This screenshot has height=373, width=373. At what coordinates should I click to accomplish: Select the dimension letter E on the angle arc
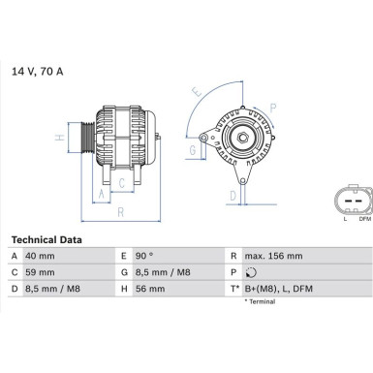[x=198, y=94]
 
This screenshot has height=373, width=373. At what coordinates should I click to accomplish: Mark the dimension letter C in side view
[x=120, y=181]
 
